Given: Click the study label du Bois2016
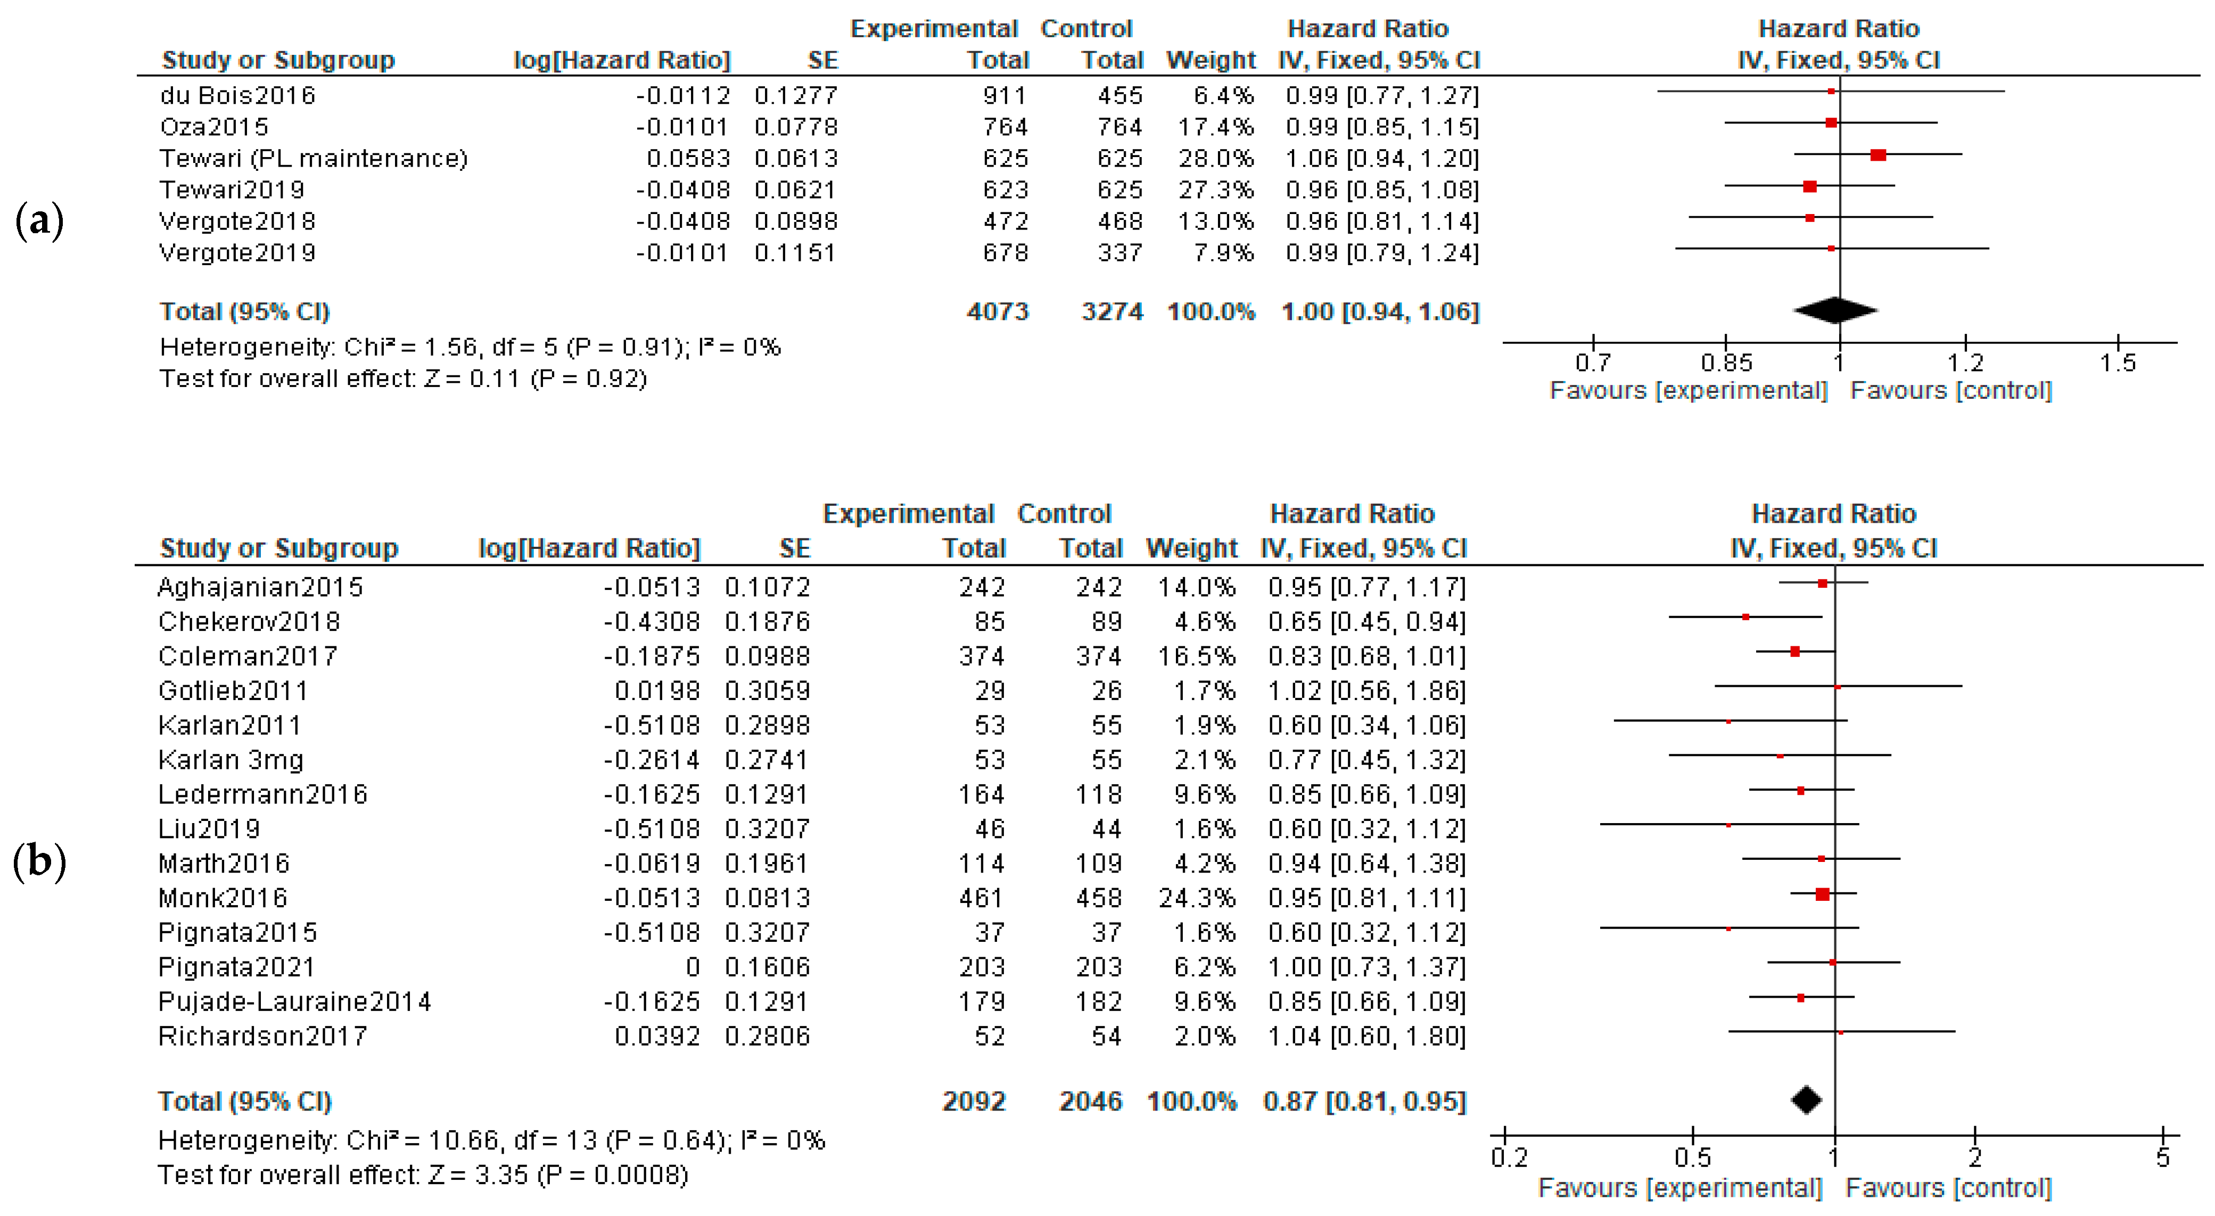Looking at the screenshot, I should (237, 95).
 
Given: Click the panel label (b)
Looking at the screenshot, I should (39, 861).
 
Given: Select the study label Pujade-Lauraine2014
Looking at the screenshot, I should (294, 1002).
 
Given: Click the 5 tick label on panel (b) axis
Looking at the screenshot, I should (2162, 1157).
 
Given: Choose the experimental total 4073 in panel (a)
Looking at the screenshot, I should (998, 311).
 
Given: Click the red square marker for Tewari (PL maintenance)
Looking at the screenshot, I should (1878, 155).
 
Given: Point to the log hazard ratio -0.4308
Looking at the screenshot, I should (652, 622).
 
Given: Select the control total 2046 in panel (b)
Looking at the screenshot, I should (1090, 1102).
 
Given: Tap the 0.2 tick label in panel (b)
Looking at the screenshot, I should (1509, 1157).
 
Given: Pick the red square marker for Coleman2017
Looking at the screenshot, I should (1794, 652).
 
